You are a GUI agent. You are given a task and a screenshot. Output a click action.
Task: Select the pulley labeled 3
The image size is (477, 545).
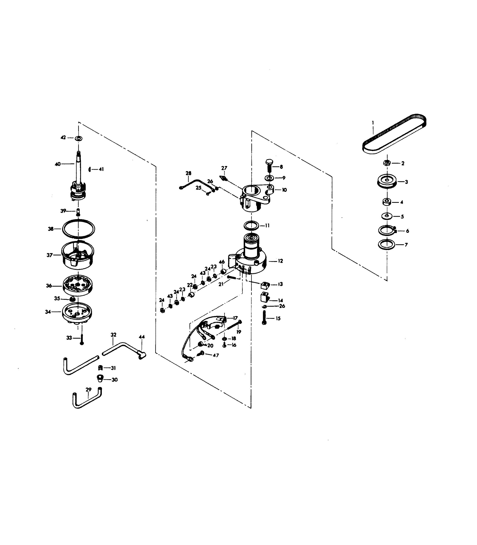(x=387, y=182)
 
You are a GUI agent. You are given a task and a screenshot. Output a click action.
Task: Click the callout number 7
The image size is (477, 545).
(x=406, y=245)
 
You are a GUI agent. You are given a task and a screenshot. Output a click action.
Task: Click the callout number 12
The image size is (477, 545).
(x=280, y=261)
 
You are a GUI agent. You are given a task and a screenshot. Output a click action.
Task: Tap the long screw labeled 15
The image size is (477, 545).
(x=264, y=318)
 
